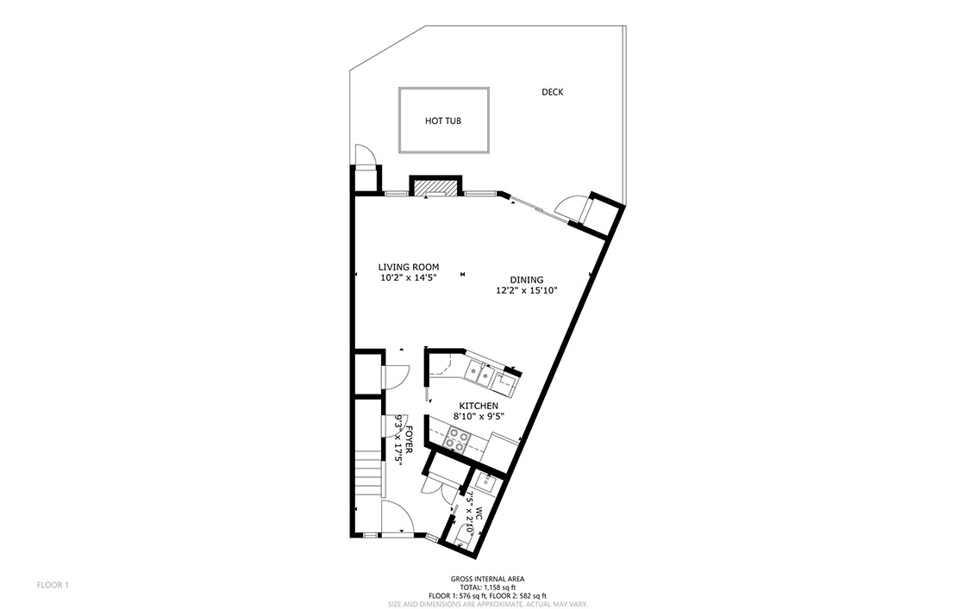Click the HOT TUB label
[x=442, y=121]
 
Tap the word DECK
[x=552, y=92]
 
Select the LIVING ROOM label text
[x=409, y=268]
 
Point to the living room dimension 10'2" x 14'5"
[x=409, y=278]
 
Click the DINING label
[x=527, y=280]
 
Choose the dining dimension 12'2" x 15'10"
[x=527, y=290]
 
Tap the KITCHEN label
[x=479, y=407]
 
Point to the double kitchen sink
[x=480, y=373]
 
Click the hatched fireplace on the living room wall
[x=435, y=187]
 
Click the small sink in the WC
[x=485, y=482]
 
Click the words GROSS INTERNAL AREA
[x=487, y=579]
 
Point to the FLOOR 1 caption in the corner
[x=53, y=585]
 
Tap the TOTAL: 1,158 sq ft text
[x=487, y=587]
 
